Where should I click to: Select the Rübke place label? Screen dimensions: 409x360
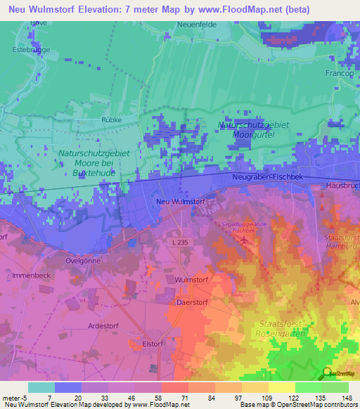click(x=111, y=120)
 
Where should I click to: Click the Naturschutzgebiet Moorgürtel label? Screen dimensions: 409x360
click(x=254, y=130)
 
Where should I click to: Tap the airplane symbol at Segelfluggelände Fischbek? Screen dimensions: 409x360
click(x=243, y=240)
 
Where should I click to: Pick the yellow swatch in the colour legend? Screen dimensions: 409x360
click(x=281, y=387)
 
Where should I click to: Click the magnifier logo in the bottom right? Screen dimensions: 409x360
click(x=326, y=372)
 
